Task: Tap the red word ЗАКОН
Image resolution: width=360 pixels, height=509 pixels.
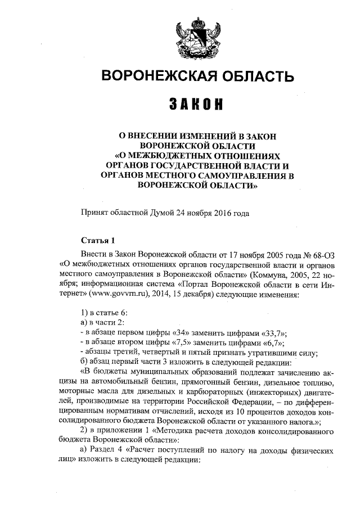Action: click(x=196, y=105)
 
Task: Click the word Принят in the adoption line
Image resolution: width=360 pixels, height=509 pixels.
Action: click(x=96, y=212)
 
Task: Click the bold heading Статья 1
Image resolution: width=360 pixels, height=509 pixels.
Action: click(x=98, y=239)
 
